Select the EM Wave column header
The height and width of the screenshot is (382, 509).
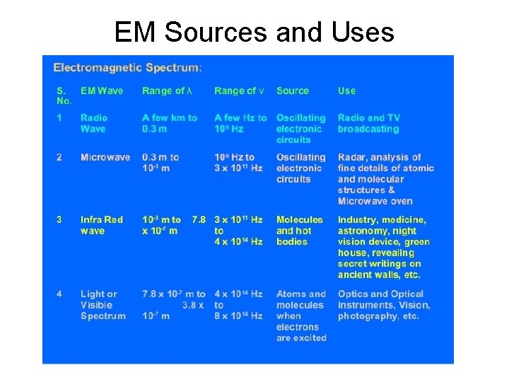click(x=102, y=91)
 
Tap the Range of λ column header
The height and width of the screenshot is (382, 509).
click(x=168, y=91)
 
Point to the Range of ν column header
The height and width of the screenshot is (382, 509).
click(x=240, y=91)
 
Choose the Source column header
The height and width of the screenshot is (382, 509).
click(x=293, y=91)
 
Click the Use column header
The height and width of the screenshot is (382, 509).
click(x=346, y=91)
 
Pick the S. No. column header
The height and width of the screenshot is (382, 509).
click(x=64, y=96)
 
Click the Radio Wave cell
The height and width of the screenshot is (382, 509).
click(x=93, y=123)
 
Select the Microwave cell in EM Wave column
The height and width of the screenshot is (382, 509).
click(x=105, y=157)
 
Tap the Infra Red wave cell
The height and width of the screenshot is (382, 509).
click(x=101, y=225)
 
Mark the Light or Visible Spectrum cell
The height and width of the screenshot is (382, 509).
click(x=103, y=305)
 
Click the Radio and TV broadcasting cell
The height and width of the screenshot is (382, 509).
click(x=368, y=123)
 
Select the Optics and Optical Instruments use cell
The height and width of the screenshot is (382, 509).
click(x=383, y=305)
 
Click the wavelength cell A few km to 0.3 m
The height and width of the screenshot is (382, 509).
click(x=170, y=123)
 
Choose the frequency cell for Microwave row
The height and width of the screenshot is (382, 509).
click(x=238, y=163)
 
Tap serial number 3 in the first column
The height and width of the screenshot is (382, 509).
click(x=59, y=220)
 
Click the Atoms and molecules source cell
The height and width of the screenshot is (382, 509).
click(x=301, y=316)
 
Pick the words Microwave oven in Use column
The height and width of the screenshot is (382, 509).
click(x=375, y=201)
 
